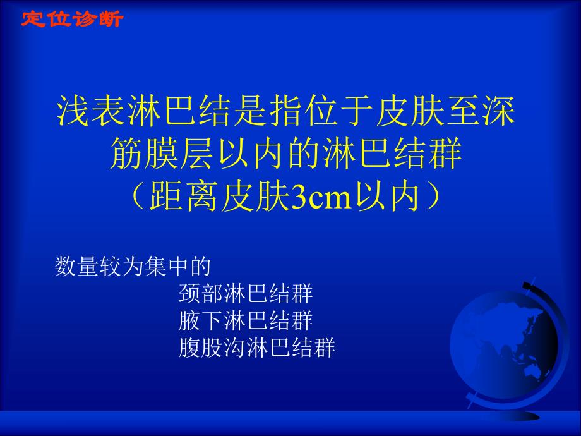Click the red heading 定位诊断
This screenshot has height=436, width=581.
[x=72, y=19]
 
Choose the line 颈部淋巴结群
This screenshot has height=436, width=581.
[x=246, y=294]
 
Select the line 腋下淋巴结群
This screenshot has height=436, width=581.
[x=246, y=321]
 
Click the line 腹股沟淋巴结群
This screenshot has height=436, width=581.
[x=256, y=348]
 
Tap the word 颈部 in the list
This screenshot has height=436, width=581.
[x=200, y=294]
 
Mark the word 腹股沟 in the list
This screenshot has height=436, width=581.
[x=211, y=348]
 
